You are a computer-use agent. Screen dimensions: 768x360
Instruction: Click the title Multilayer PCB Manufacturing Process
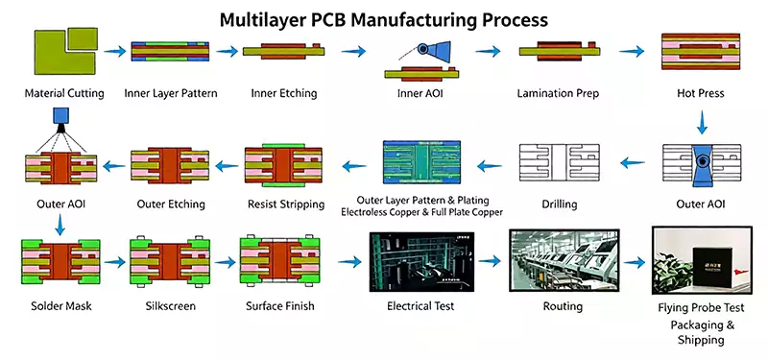[x=383, y=19]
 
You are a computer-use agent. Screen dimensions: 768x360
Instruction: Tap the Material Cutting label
[x=64, y=93]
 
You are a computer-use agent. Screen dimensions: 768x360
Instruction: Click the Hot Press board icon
[x=701, y=51]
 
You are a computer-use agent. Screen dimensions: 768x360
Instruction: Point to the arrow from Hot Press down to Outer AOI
[x=702, y=123]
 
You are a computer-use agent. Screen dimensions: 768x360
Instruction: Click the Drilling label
[x=560, y=204]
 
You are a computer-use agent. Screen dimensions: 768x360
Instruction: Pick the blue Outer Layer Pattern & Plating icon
[x=421, y=162]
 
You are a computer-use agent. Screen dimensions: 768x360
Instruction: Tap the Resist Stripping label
[x=286, y=204]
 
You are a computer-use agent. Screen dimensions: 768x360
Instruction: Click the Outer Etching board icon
[x=170, y=165]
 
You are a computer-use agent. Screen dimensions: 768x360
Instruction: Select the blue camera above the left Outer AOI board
[x=61, y=116]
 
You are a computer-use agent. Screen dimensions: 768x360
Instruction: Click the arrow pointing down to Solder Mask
[x=60, y=224]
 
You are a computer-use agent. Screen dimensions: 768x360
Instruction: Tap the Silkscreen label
[x=171, y=306]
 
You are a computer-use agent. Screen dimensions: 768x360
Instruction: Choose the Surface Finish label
[x=280, y=306]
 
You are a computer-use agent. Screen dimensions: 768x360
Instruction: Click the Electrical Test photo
[x=421, y=261]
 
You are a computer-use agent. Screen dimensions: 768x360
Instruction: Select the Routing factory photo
[x=564, y=260]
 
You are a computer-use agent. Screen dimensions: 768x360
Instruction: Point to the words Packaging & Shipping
[x=703, y=332]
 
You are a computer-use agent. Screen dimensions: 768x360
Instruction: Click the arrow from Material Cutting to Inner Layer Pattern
[x=115, y=52]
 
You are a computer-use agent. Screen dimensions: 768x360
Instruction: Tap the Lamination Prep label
[x=558, y=93]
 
